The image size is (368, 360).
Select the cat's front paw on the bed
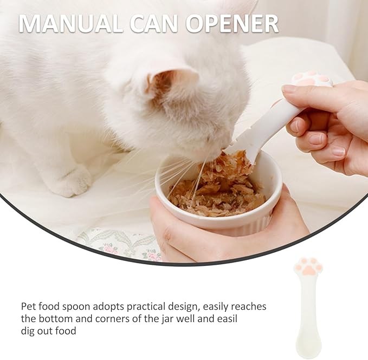tap(70, 181)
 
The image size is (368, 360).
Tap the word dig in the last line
tap(29, 330)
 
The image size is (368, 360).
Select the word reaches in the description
tap(249, 306)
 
